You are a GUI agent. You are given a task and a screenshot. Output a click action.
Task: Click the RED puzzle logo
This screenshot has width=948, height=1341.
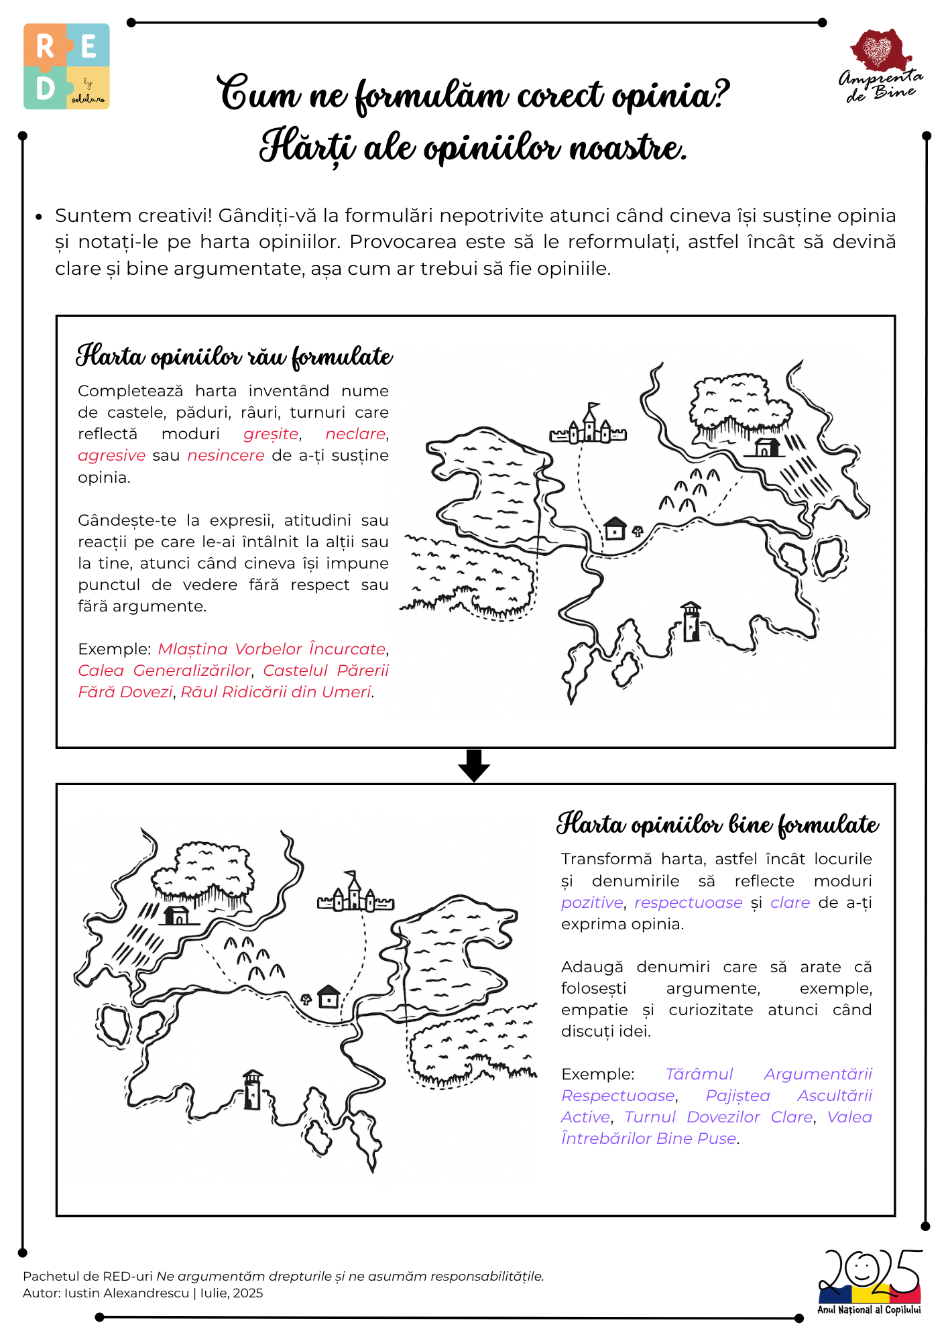click(66, 66)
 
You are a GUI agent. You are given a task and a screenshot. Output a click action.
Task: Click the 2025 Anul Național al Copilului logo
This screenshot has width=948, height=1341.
click(870, 1281)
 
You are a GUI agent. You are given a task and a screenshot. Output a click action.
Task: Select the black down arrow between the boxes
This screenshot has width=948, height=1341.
click(474, 766)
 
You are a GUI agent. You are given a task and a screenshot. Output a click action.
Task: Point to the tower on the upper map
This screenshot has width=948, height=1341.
click(691, 622)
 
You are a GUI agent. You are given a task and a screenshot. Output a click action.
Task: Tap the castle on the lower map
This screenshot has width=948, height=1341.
click(355, 893)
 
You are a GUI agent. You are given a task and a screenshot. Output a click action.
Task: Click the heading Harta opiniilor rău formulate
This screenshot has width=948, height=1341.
click(234, 357)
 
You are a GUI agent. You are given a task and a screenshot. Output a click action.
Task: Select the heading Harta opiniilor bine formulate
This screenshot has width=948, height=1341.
click(717, 825)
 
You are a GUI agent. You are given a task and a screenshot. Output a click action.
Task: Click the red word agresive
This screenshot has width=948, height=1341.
click(111, 456)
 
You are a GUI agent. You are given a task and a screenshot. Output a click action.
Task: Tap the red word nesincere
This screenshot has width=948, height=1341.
click(226, 456)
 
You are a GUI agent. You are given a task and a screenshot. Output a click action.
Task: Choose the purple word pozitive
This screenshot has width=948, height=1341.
click(592, 903)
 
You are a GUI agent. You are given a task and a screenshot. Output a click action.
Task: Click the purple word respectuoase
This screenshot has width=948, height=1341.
click(689, 903)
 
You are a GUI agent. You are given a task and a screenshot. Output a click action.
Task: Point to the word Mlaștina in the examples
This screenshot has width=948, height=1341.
click(193, 650)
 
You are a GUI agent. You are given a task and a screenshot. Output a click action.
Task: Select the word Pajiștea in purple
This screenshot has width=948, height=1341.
click(737, 1096)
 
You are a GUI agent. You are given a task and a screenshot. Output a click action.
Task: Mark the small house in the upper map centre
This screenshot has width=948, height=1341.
click(615, 528)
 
